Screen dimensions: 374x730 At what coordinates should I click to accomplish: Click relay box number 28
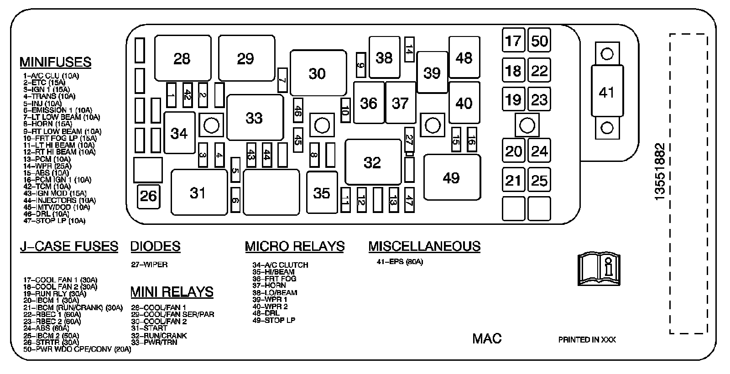(182, 58)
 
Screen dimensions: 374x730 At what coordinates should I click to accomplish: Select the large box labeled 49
(452, 177)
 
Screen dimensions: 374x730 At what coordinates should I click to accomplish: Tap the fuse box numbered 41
(606, 93)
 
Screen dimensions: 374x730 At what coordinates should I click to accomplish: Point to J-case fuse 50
(539, 41)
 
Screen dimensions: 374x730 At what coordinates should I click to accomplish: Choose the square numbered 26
(148, 196)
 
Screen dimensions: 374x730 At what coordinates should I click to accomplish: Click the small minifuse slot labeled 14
(409, 49)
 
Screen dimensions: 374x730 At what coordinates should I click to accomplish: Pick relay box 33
(255, 118)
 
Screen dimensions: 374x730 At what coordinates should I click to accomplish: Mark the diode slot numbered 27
(409, 140)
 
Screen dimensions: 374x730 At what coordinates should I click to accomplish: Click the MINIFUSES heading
(55, 62)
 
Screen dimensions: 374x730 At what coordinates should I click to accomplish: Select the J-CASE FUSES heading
(69, 246)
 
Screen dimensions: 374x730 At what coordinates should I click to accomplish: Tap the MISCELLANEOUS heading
(424, 246)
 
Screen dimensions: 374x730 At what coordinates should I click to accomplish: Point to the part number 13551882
(660, 171)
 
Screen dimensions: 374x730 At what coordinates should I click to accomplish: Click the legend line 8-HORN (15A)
(47, 124)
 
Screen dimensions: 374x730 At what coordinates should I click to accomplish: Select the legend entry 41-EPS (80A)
(400, 262)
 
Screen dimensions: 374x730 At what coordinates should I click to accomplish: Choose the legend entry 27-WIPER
(149, 265)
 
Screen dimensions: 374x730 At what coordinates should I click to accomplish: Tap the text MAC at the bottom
(487, 338)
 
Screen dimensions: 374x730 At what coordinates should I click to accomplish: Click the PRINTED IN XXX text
(587, 340)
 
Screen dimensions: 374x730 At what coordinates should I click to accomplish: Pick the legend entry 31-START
(149, 328)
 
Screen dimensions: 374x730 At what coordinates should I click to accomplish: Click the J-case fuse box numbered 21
(513, 180)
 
